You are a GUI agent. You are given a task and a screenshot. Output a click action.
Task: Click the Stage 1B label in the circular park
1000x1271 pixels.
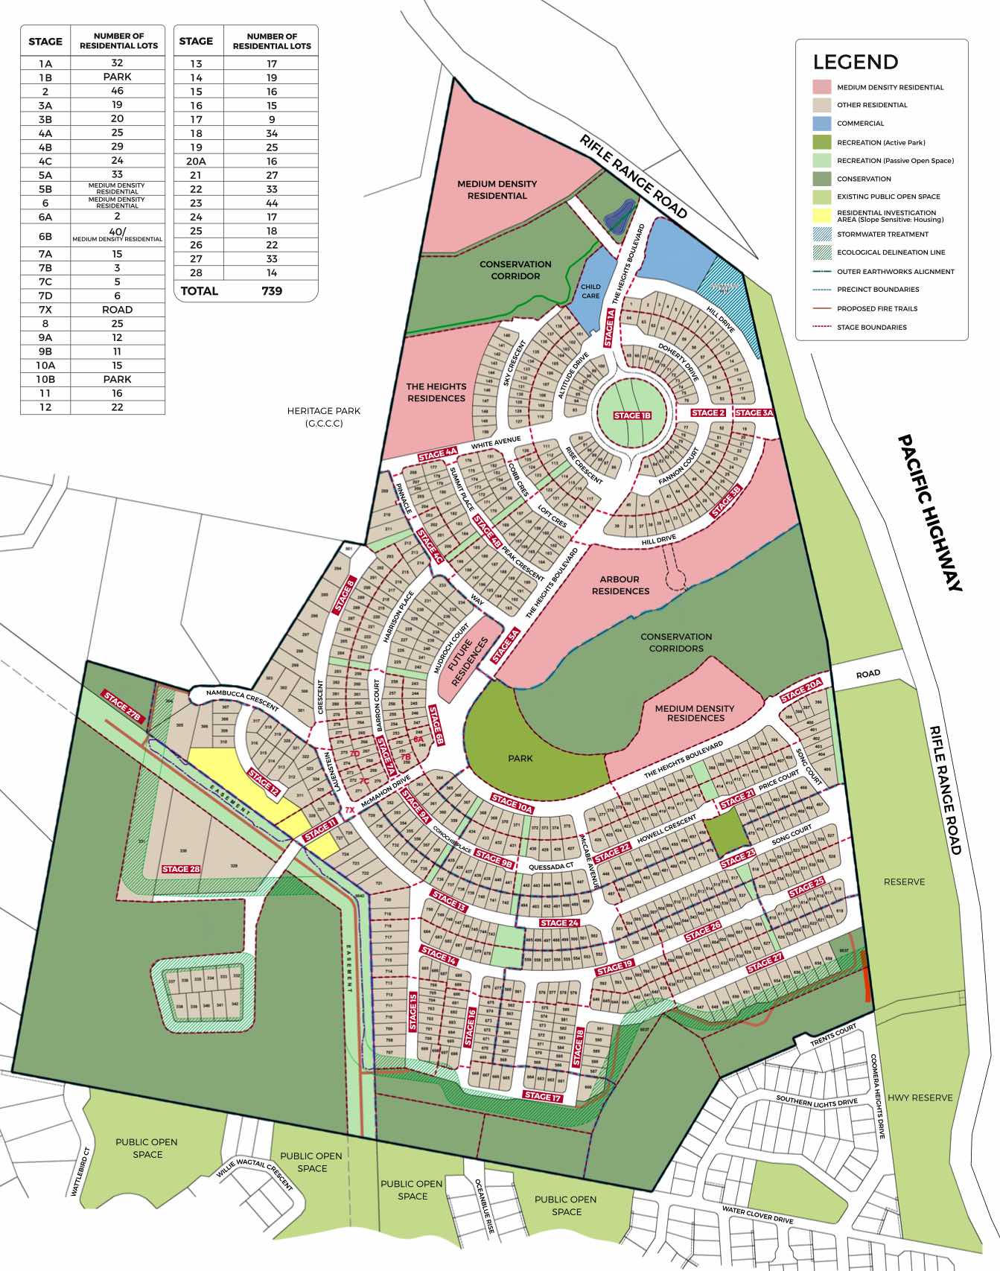coord(632,415)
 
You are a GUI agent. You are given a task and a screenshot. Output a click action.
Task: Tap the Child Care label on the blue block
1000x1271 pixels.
coord(590,291)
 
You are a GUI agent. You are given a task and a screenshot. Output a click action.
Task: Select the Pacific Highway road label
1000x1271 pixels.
coord(930,513)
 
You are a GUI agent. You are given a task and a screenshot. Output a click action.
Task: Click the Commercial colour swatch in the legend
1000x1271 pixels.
coord(821,124)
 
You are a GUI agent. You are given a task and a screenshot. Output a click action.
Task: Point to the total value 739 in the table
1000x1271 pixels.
coord(272,291)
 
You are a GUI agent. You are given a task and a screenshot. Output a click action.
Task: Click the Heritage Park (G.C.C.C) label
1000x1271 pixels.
coord(324,417)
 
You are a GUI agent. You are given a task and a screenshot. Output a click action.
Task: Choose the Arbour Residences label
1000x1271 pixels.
coord(620,584)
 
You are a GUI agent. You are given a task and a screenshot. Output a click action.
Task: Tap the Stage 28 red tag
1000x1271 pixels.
coord(181,869)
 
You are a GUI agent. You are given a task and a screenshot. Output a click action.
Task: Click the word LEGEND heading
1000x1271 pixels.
coord(856,62)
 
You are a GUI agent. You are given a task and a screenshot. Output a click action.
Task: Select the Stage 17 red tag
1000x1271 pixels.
coord(543,1096)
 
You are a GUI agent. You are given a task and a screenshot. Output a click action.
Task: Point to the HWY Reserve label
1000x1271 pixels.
coord(920,1098)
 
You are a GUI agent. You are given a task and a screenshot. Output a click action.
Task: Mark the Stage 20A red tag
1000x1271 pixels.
coord(801,689)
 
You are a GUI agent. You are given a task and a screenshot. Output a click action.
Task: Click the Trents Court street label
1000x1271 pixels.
coord(832,1036)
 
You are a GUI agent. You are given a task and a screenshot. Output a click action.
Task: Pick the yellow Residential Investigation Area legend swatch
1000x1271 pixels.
coord(821,216)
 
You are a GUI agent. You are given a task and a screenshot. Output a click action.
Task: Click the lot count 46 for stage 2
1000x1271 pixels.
coord(117,91)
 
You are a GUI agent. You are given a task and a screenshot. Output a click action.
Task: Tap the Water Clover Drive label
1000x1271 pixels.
coord(757,1214)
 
